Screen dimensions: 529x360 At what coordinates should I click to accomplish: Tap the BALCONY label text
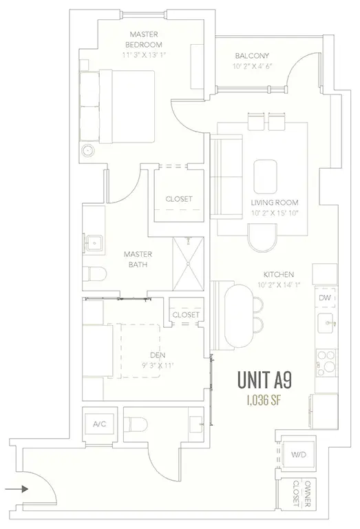point(251,56)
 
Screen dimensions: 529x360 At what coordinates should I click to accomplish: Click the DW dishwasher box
point(324,298)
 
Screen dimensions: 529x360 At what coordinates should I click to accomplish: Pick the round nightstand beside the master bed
point(87,151)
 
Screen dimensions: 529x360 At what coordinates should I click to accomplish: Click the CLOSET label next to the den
point(185,315)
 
